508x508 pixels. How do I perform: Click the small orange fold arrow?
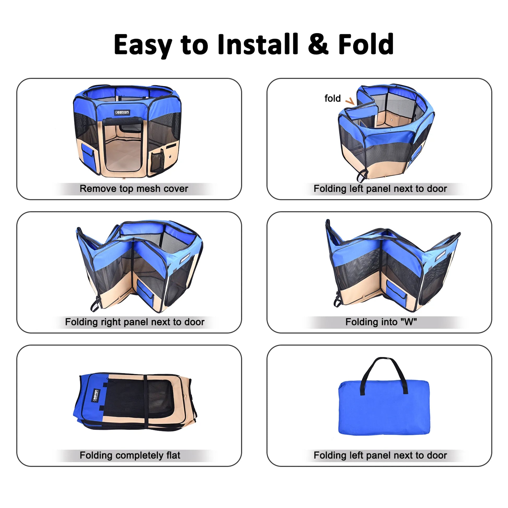pos(350,101)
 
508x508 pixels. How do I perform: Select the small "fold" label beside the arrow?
pos(332,98)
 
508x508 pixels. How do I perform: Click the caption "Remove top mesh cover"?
pos(134,188)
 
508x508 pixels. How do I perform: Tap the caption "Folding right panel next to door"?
pos(135,322)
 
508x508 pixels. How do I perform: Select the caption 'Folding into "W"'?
pos(381,322)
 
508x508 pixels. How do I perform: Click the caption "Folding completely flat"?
pos(130,455)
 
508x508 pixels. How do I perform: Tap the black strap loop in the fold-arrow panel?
pos(362,176)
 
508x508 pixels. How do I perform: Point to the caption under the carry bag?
pos(380,455)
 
